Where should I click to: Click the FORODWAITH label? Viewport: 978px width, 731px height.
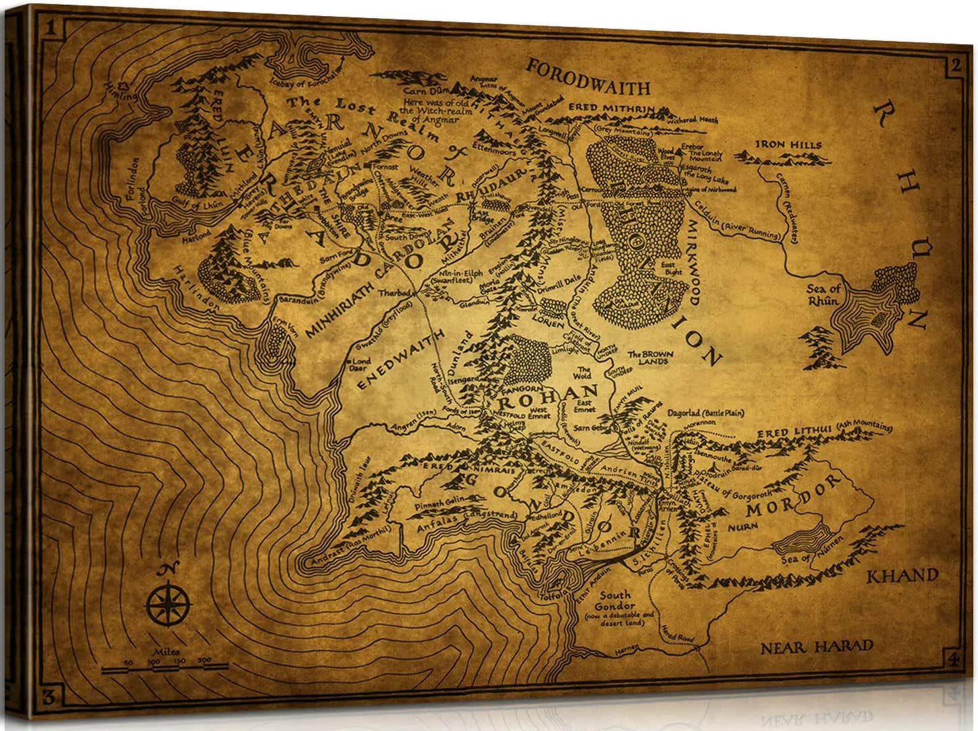(588, 77)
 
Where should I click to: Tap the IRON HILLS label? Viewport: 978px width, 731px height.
(788, 144)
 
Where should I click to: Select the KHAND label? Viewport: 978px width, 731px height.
(901, 576)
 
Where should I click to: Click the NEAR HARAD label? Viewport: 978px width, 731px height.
(817, 648)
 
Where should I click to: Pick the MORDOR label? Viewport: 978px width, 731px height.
(794, 496)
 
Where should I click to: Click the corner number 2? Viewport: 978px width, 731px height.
(954, 65)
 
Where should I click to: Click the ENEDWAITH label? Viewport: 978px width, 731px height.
(401, 359)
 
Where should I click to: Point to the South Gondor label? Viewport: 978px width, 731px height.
(615, 600)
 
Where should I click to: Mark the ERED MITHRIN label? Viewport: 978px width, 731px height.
(611, 108)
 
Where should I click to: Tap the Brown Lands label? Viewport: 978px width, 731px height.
(647, 357)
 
